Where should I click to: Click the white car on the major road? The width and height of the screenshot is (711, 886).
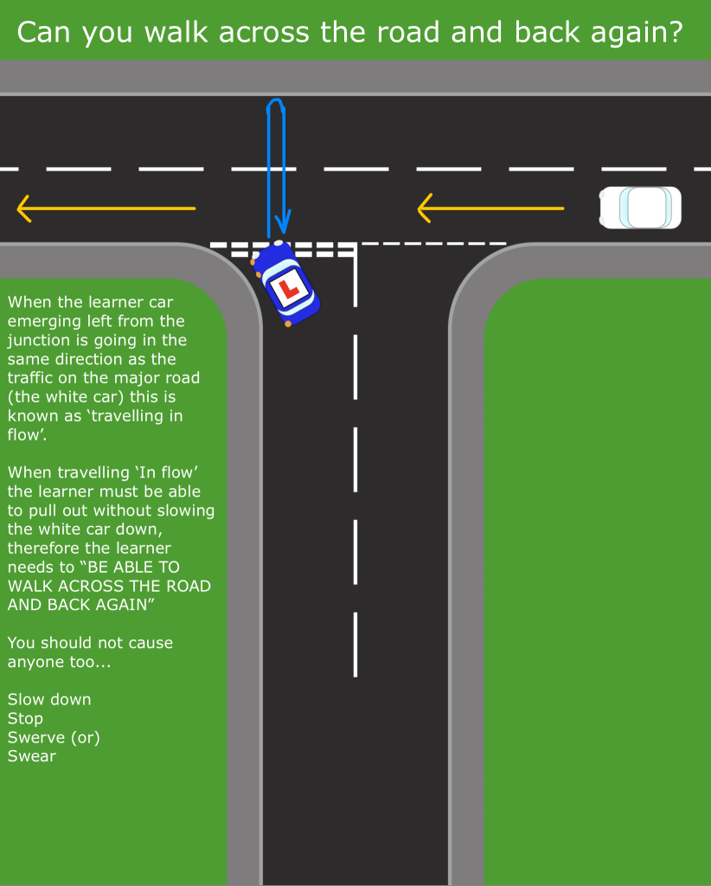(x=641, y=208)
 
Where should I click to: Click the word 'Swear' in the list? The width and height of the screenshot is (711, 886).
(x=32, y=756)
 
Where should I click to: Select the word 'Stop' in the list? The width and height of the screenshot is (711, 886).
(x=25, y=718)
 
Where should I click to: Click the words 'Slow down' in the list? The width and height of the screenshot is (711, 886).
(x=49, y=699)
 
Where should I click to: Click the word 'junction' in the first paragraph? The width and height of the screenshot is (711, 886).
(x=37, y=340)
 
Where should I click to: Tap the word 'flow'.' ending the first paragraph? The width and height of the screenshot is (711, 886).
(x=26, y=435)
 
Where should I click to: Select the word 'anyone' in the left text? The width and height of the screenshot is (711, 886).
(x=35, y=662)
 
